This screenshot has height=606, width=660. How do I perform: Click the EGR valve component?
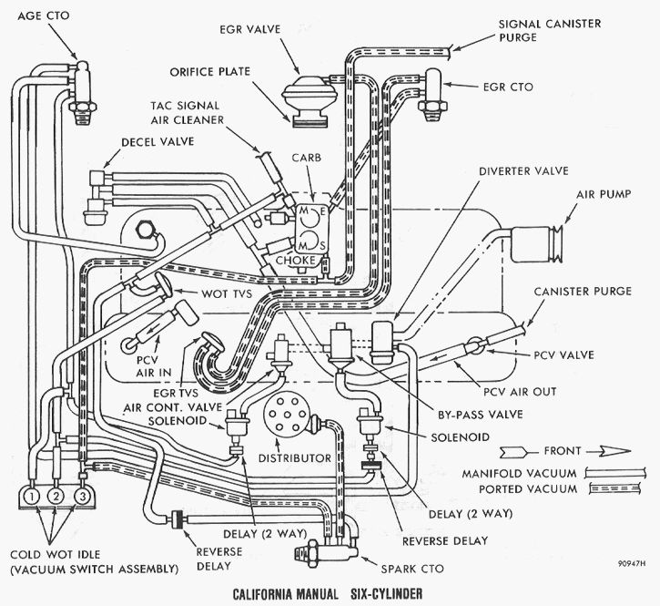309,98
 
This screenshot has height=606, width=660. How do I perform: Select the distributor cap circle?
292,416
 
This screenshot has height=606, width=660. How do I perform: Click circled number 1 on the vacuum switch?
31,497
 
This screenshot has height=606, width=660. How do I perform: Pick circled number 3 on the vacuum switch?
81,497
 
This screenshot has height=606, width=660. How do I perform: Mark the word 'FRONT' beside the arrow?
562,450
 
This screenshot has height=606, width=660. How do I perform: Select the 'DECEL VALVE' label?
154,144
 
